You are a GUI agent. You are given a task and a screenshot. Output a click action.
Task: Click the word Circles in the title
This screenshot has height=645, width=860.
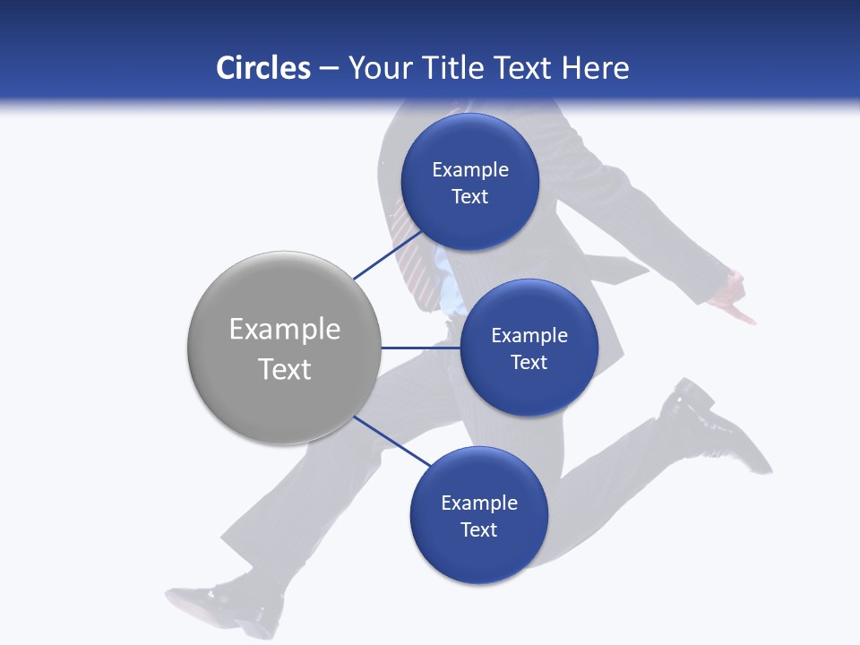pyautogui.click(x=262, y=68)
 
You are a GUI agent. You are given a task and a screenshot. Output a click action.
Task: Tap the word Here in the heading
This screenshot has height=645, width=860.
pyautogui.click(x=595, y=68)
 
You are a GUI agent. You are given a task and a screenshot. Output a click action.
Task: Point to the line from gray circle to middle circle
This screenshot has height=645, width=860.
pyautogui.click(x=420, y=348)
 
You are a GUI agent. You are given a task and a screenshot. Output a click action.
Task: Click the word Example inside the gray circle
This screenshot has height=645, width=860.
pyautogui.click(x=285, y=329)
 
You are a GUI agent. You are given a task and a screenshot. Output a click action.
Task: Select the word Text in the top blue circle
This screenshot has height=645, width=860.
pyautogui.click(x=469, y=196)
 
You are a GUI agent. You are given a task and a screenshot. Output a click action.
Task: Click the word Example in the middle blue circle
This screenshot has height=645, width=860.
pyautogui.click(x=529, y=335)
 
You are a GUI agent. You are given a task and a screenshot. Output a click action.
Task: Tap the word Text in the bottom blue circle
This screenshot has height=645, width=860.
pyautogui.click(x=478, y=529)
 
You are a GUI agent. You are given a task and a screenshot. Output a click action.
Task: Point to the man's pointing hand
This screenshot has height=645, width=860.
pyautogui.click(x=735, y=300)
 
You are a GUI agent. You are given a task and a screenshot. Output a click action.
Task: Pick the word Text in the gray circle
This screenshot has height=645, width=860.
pyautogui.click(x=285, y=369)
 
